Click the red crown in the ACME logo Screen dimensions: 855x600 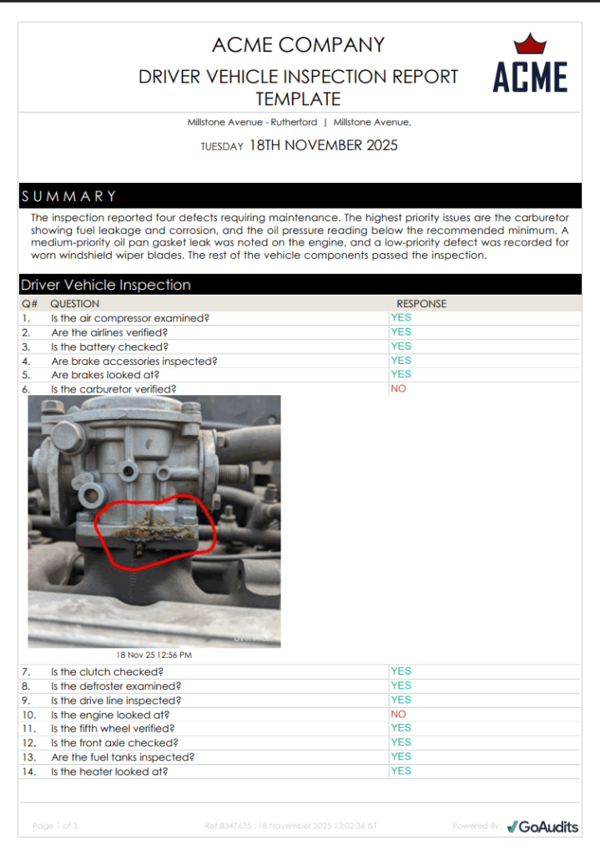click(x=529, y=44)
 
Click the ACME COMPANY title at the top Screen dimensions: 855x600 click(x=298, y=45)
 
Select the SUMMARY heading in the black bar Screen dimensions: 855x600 click(x=69, y=196)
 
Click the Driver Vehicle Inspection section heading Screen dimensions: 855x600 click(x=106, y=285)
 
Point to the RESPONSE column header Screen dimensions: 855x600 click(x=421, y=304)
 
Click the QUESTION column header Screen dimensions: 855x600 click(x=75, y=304)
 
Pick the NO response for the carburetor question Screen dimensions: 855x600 click(x=398, y=389)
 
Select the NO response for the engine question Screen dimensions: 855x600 click(x=398, y=715)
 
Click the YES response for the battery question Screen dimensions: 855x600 click(x=401, y=347)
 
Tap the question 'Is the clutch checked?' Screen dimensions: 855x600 click(x=107, y=672)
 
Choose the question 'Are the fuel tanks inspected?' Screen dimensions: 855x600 click(x=123, y=757)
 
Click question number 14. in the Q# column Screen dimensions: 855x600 click(x=29, y=772)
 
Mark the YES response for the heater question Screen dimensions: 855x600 click(x=401, y=772)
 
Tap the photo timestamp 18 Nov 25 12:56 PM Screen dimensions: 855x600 click(x=154, y=655)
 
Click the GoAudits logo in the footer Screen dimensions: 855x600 click(x=542, y=826)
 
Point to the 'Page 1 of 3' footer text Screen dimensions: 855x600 click(x=55, y=826)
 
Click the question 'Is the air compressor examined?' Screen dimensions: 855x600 click(x=129, y=318)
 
